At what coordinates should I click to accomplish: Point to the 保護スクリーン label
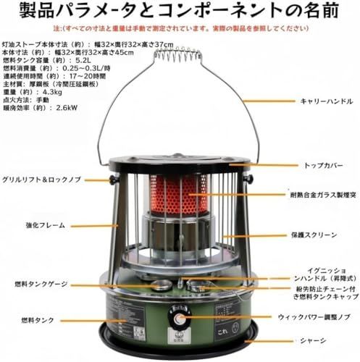pyautogui.click(x=312, y=235)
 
